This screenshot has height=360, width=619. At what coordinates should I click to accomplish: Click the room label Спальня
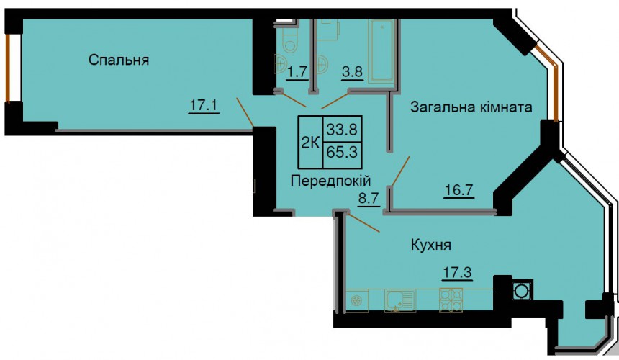pyautogui.click(x=119, y=60)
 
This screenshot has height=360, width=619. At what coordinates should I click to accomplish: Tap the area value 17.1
pyautogui.click(x=204, y=105)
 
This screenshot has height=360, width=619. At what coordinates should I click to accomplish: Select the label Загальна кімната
pyautogui.click(x=471, y=107)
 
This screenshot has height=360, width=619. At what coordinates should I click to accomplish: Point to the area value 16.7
pyautogui.click(x=459, y=190)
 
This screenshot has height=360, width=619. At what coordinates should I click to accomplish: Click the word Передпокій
pyautogui.click(x=331, y=181)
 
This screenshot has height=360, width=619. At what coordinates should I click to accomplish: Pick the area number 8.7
pyautogui.click(x=369, y=199)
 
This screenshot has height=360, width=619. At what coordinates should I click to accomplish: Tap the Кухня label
pyautogui.click(x=431, y=245)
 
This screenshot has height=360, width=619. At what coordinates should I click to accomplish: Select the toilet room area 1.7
pyautogui.click(x=297, y=72)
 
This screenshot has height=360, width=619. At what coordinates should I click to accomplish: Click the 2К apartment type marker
pyautogui.click(x=311, y=142)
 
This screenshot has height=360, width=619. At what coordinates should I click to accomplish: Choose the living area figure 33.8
pyautogui.click(x=342, y=129)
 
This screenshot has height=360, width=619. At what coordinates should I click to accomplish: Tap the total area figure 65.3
pyautogui.click(x=342, y=152)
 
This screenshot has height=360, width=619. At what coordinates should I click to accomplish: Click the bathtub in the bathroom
pyautogui.click(x=381, y=51)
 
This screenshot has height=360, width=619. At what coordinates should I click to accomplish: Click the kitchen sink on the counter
pyautogui.click(x=400, y=301)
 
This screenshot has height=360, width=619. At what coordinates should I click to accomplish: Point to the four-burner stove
pyautogui.click(x=451, y=300)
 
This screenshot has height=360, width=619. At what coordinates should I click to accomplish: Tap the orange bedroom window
pyautogui.click(x=7, y=68)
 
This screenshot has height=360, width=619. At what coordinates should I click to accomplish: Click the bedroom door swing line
pyautogui.click(x=245, y=112)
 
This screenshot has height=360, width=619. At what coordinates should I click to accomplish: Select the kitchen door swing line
pyautogui.click(x=364, y=222)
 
